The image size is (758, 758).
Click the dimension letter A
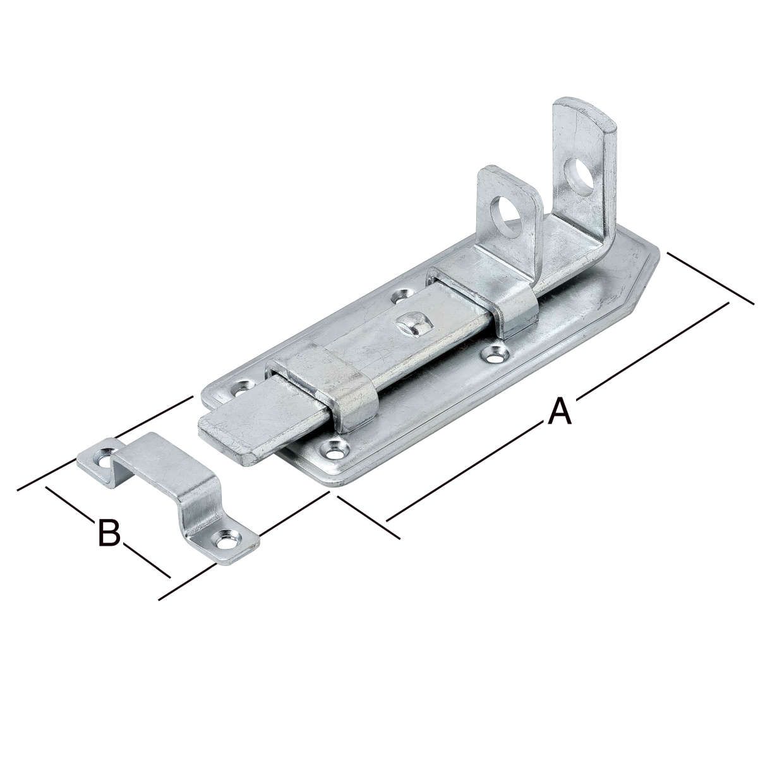tap(560, 411)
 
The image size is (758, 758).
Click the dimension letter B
tap(109, 533)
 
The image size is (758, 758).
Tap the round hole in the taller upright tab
tap(579, 177)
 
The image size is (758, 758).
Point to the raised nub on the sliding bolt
tap(412, 324)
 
